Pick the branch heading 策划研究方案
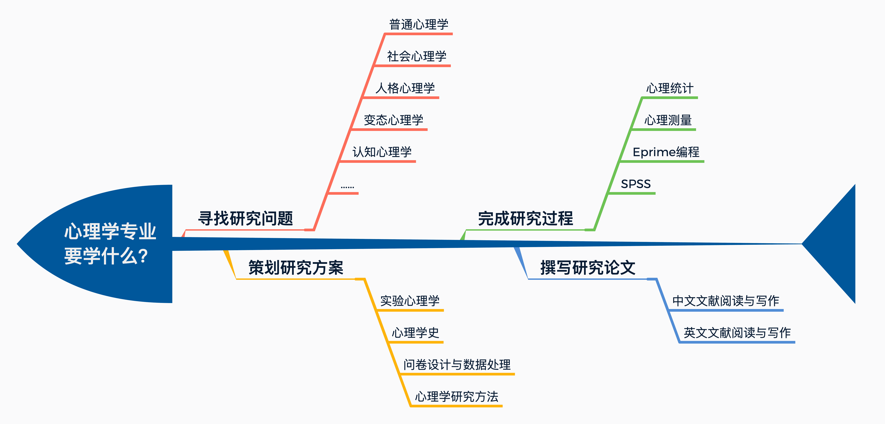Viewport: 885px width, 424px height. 296,268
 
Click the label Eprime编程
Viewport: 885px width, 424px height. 666,152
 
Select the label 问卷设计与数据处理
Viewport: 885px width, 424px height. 457,365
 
